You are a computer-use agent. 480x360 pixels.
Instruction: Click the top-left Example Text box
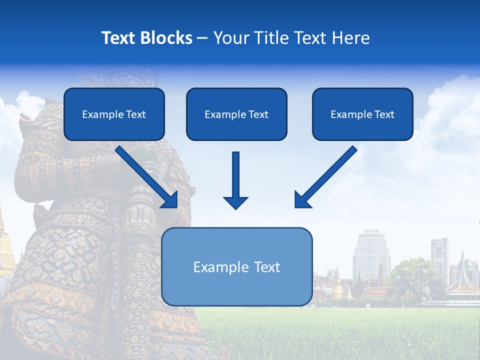point(114,114)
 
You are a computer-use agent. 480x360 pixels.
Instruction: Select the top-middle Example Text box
point(236,114)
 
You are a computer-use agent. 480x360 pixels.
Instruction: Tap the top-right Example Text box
point(362,114)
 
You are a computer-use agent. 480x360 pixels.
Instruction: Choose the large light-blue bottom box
point(236,266)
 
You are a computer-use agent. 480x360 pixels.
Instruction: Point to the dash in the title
point(202,38)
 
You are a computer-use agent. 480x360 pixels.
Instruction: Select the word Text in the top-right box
point(384,114)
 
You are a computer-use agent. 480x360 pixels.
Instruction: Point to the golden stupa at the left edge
point(5,250)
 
